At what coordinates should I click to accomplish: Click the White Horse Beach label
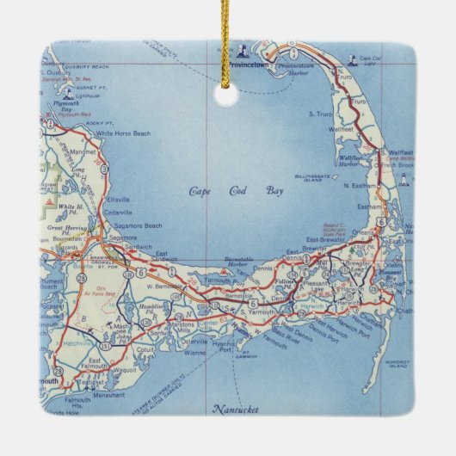(123, 133)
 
